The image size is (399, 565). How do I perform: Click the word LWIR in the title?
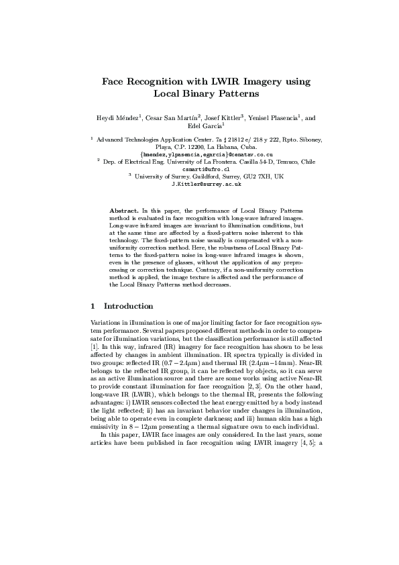[220, 82]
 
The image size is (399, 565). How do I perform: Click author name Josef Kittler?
[223, 117]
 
